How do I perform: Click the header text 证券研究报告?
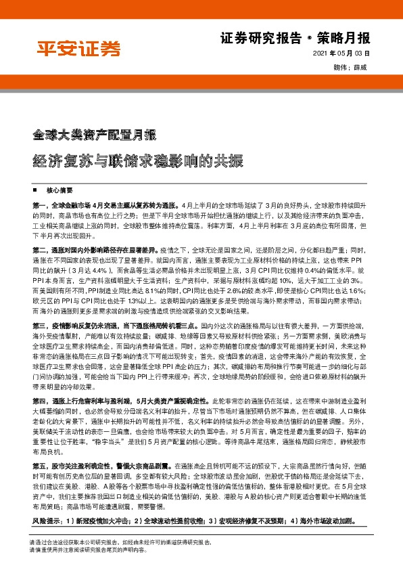coord(261,38)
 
